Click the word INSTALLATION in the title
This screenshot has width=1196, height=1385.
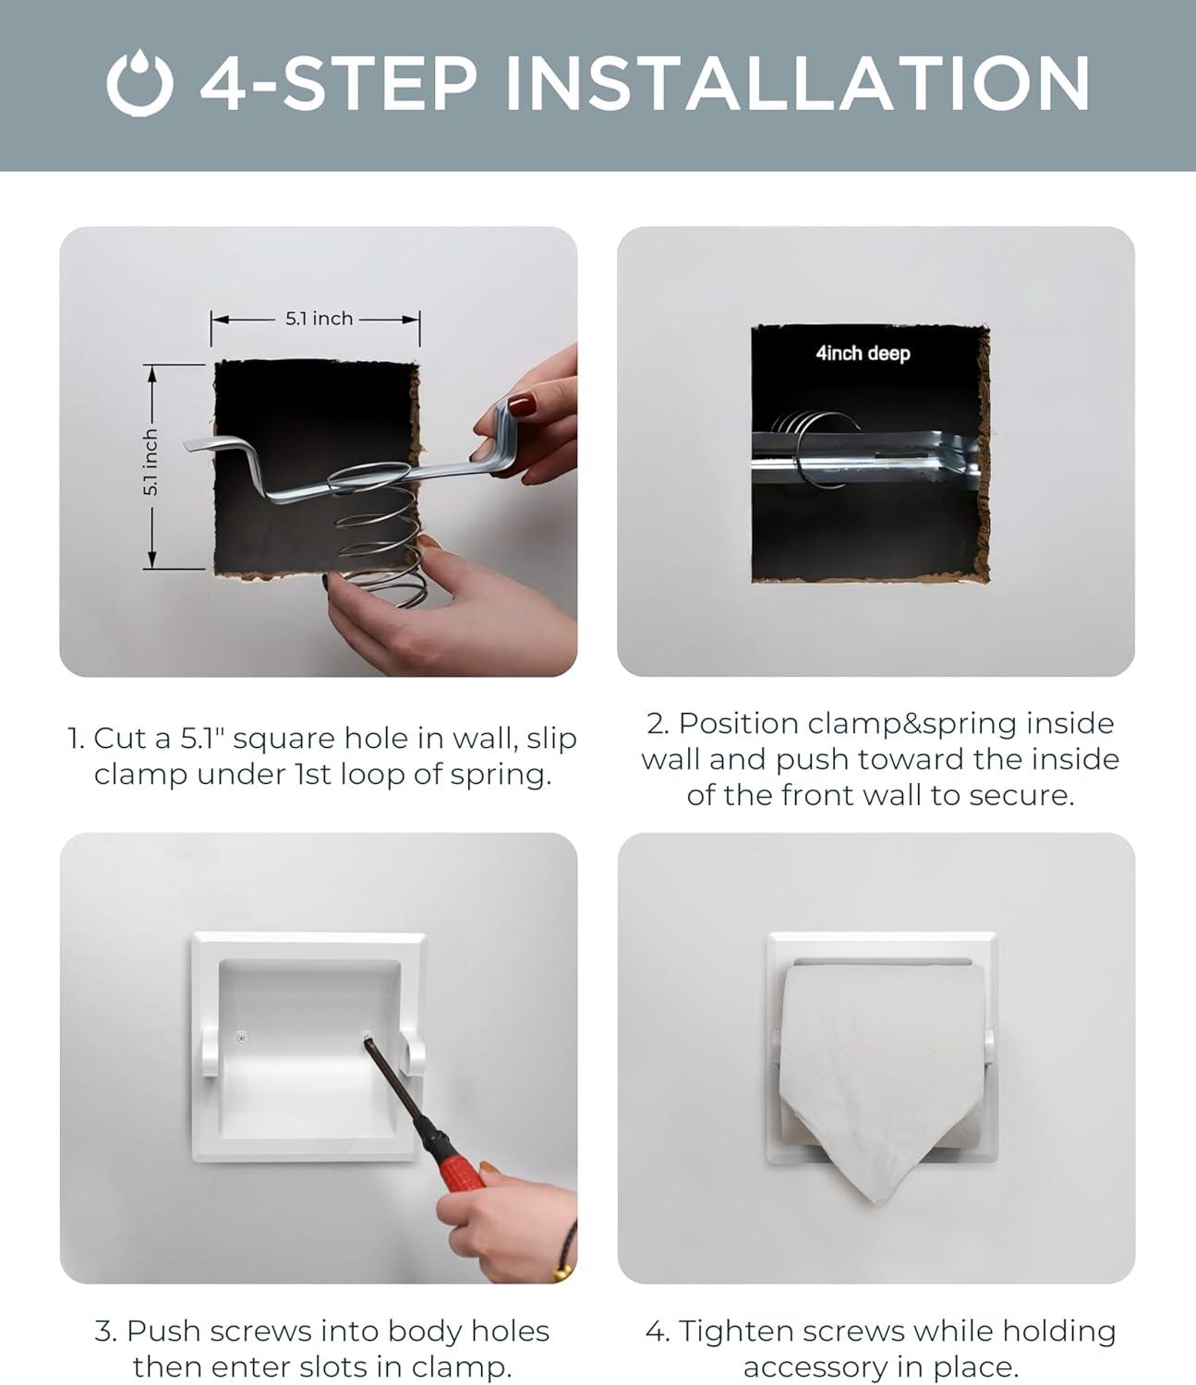click(x=797, y=83)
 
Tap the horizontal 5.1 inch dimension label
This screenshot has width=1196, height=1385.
click(x=320, y=319)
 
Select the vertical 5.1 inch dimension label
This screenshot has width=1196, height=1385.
click(x=151, y=463)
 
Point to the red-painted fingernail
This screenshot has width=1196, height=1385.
click(x=522, y=405)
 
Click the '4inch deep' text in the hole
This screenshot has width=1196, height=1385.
click(x=863, y=353)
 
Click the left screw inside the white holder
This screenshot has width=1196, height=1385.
click(x=243, y=1038)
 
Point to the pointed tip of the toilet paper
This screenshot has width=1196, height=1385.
click(x=880, y=1201)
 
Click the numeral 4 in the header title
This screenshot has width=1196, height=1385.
click(x=223, y=83)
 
